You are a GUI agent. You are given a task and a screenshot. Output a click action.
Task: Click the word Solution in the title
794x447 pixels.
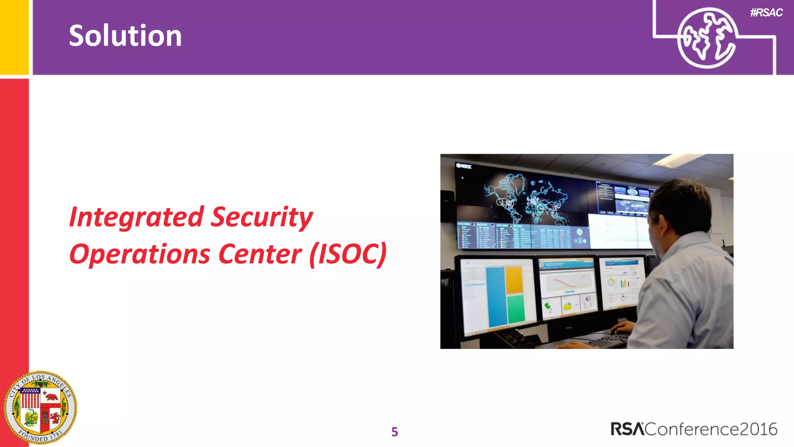[x=125, y=36]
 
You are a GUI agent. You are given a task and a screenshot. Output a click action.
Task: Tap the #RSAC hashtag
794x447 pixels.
[x=766, y=12]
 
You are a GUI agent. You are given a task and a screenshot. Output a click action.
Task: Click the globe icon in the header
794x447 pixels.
[x=707, y=38]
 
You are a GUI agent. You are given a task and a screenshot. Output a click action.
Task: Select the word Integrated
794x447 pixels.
[x=136, y=217]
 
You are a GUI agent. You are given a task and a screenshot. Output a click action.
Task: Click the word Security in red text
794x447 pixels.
[x=262, y=217]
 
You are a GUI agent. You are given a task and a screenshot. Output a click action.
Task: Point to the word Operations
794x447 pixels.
[x=140, y=255]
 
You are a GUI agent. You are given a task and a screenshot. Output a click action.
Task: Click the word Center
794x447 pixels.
[x=260, y=255]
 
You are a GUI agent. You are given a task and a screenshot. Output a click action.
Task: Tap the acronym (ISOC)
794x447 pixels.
[x=348, y=255]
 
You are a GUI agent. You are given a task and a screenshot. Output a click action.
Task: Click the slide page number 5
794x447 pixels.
[x=395, y=431]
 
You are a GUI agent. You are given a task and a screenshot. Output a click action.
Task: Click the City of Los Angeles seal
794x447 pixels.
[x=40, y=407]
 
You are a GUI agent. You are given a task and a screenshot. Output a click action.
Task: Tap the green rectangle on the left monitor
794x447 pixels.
[x=516, y=308]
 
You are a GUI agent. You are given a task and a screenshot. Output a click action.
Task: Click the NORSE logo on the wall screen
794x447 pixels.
[x=464, y=166]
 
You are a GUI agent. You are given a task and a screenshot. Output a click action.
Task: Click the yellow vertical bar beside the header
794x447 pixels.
[x=14, y=37]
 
